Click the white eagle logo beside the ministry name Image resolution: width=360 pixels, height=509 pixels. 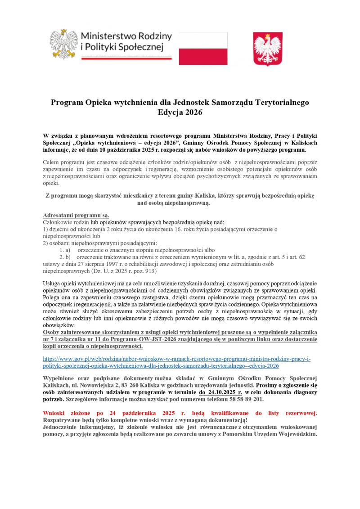(63, 44)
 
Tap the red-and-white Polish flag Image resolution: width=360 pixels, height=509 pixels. (203, 49)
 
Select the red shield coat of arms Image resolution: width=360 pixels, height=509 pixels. (268, 49)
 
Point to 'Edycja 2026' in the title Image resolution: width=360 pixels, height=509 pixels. (180, 113)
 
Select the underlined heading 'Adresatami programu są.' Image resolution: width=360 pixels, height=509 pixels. (76, 215)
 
